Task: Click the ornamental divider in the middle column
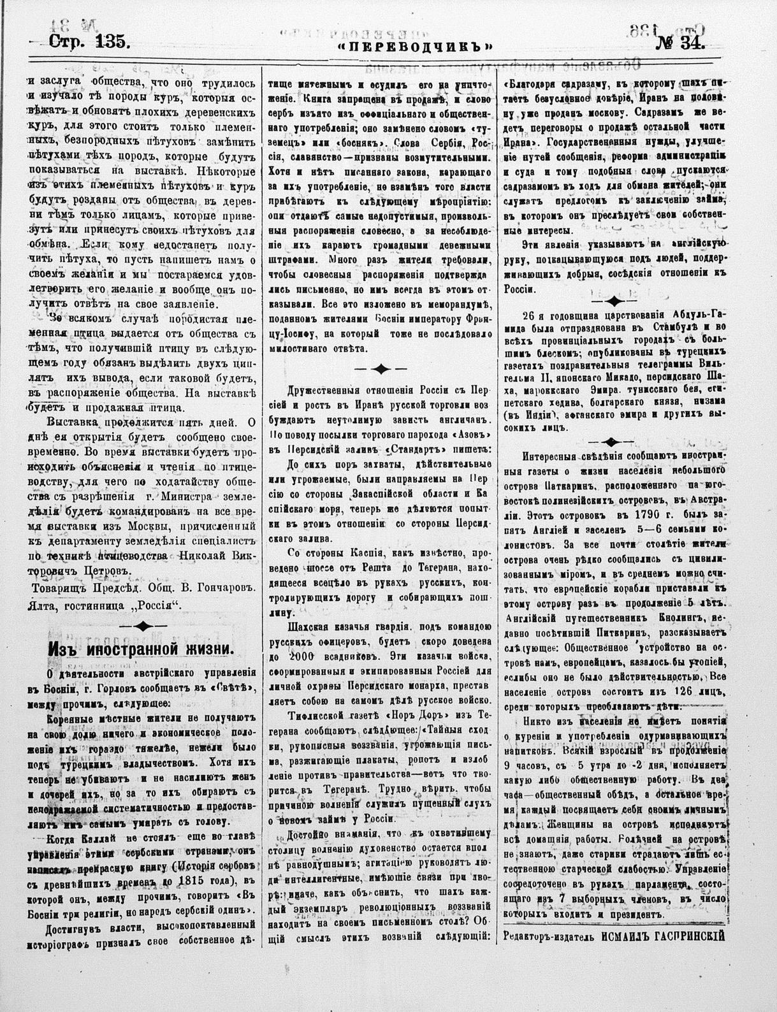[x=380, y=368]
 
